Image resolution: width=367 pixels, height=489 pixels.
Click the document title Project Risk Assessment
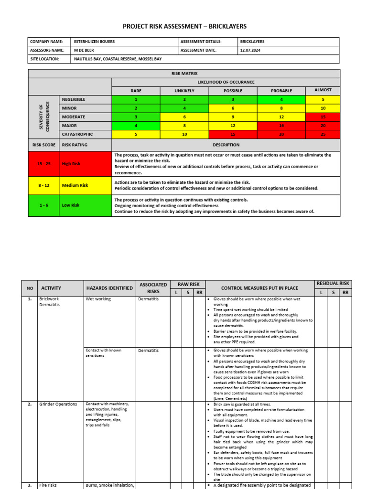(184, 26)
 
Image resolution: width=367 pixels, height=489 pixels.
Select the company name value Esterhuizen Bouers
(95, 42)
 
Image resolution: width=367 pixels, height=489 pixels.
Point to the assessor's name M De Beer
(84, 50)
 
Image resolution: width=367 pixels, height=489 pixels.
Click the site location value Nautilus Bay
(118, 59)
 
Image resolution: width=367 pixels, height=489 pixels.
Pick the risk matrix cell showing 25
(323, 134)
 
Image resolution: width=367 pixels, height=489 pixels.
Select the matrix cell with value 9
(233, 117)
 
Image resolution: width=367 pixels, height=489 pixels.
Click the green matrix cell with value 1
(136, 99)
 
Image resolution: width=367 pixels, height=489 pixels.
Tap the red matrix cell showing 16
(281, 126)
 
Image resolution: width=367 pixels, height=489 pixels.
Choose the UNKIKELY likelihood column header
(184, 91)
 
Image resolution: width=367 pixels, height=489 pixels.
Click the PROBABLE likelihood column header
(281, 91)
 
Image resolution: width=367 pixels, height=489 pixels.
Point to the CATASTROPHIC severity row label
(77, 134)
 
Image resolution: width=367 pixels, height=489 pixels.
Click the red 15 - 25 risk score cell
(43, 164)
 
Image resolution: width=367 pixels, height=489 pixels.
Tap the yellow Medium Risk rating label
(75, 185)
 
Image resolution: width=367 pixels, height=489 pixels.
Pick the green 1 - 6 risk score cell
(43, 205)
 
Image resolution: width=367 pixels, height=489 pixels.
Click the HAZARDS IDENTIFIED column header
(109, 288)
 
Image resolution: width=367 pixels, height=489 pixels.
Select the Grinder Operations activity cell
(58, 404)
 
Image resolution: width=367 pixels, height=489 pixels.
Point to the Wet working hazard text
(98, 299)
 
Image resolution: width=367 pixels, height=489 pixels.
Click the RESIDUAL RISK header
(333, 283)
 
